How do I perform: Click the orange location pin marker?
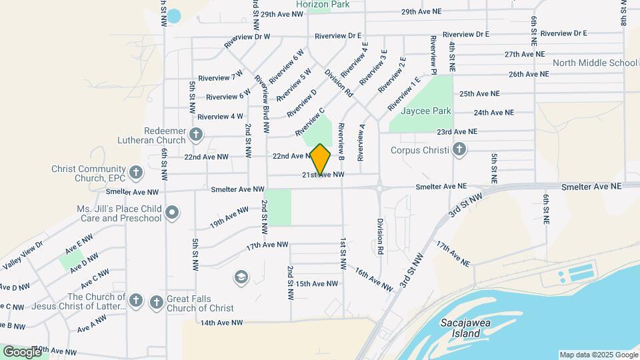321,159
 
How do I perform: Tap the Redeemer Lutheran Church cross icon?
195,134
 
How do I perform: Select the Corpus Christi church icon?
459,149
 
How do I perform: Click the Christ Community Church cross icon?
135,173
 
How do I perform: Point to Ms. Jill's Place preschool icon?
172,213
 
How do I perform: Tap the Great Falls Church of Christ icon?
157,302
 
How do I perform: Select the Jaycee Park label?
425,111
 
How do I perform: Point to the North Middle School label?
595,63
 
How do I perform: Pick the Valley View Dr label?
23,254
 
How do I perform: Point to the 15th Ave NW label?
317,283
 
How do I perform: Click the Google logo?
22,351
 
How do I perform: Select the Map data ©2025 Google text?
598,355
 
